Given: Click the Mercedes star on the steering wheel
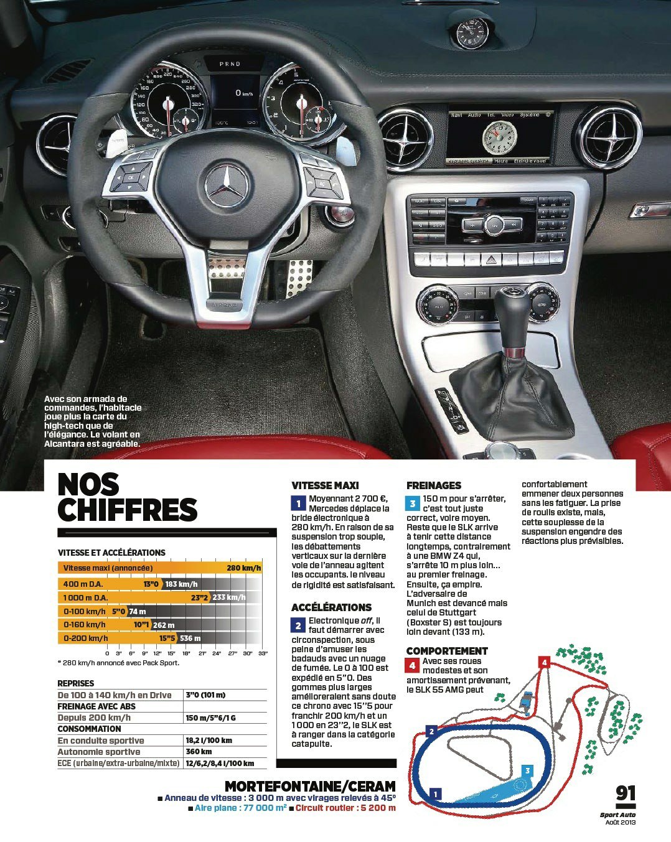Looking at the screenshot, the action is coord(227,186).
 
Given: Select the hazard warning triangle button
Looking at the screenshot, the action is coord(491,259).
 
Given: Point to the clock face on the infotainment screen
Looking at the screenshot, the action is coord(500,138).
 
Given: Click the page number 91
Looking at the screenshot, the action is coord(626,793).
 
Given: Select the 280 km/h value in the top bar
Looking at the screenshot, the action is coord(243,568).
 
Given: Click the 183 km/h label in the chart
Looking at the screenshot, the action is coord(181,584).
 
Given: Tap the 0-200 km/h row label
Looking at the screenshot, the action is coord(85,638).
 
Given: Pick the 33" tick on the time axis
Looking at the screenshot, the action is coord(263,653).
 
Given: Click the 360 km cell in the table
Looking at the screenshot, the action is coord(199,751).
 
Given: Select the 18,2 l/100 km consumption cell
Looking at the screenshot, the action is coord(209,741).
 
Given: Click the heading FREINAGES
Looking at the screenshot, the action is coord(434,485).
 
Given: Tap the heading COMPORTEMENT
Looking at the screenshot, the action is coord(447,651).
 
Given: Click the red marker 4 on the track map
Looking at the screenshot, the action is coord(544,662).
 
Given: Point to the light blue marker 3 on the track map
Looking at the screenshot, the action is coord(527,771).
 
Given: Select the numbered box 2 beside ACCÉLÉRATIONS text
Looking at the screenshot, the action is coord(298,626).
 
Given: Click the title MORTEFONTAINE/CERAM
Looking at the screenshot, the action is coord(310,786).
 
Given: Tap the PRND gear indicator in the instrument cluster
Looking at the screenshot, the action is coord(230,63).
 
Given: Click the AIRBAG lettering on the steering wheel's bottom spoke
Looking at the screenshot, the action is coord(223,304).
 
